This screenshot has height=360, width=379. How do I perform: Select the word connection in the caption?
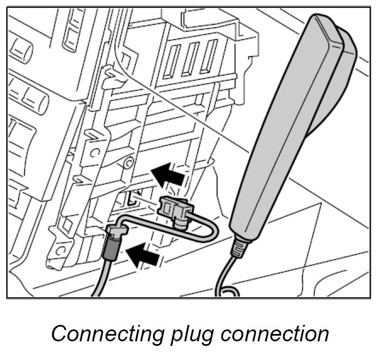[275, 333]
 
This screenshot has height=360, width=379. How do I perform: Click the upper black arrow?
[171, 174]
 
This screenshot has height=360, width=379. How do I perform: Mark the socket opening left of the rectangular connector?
[132, 198]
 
